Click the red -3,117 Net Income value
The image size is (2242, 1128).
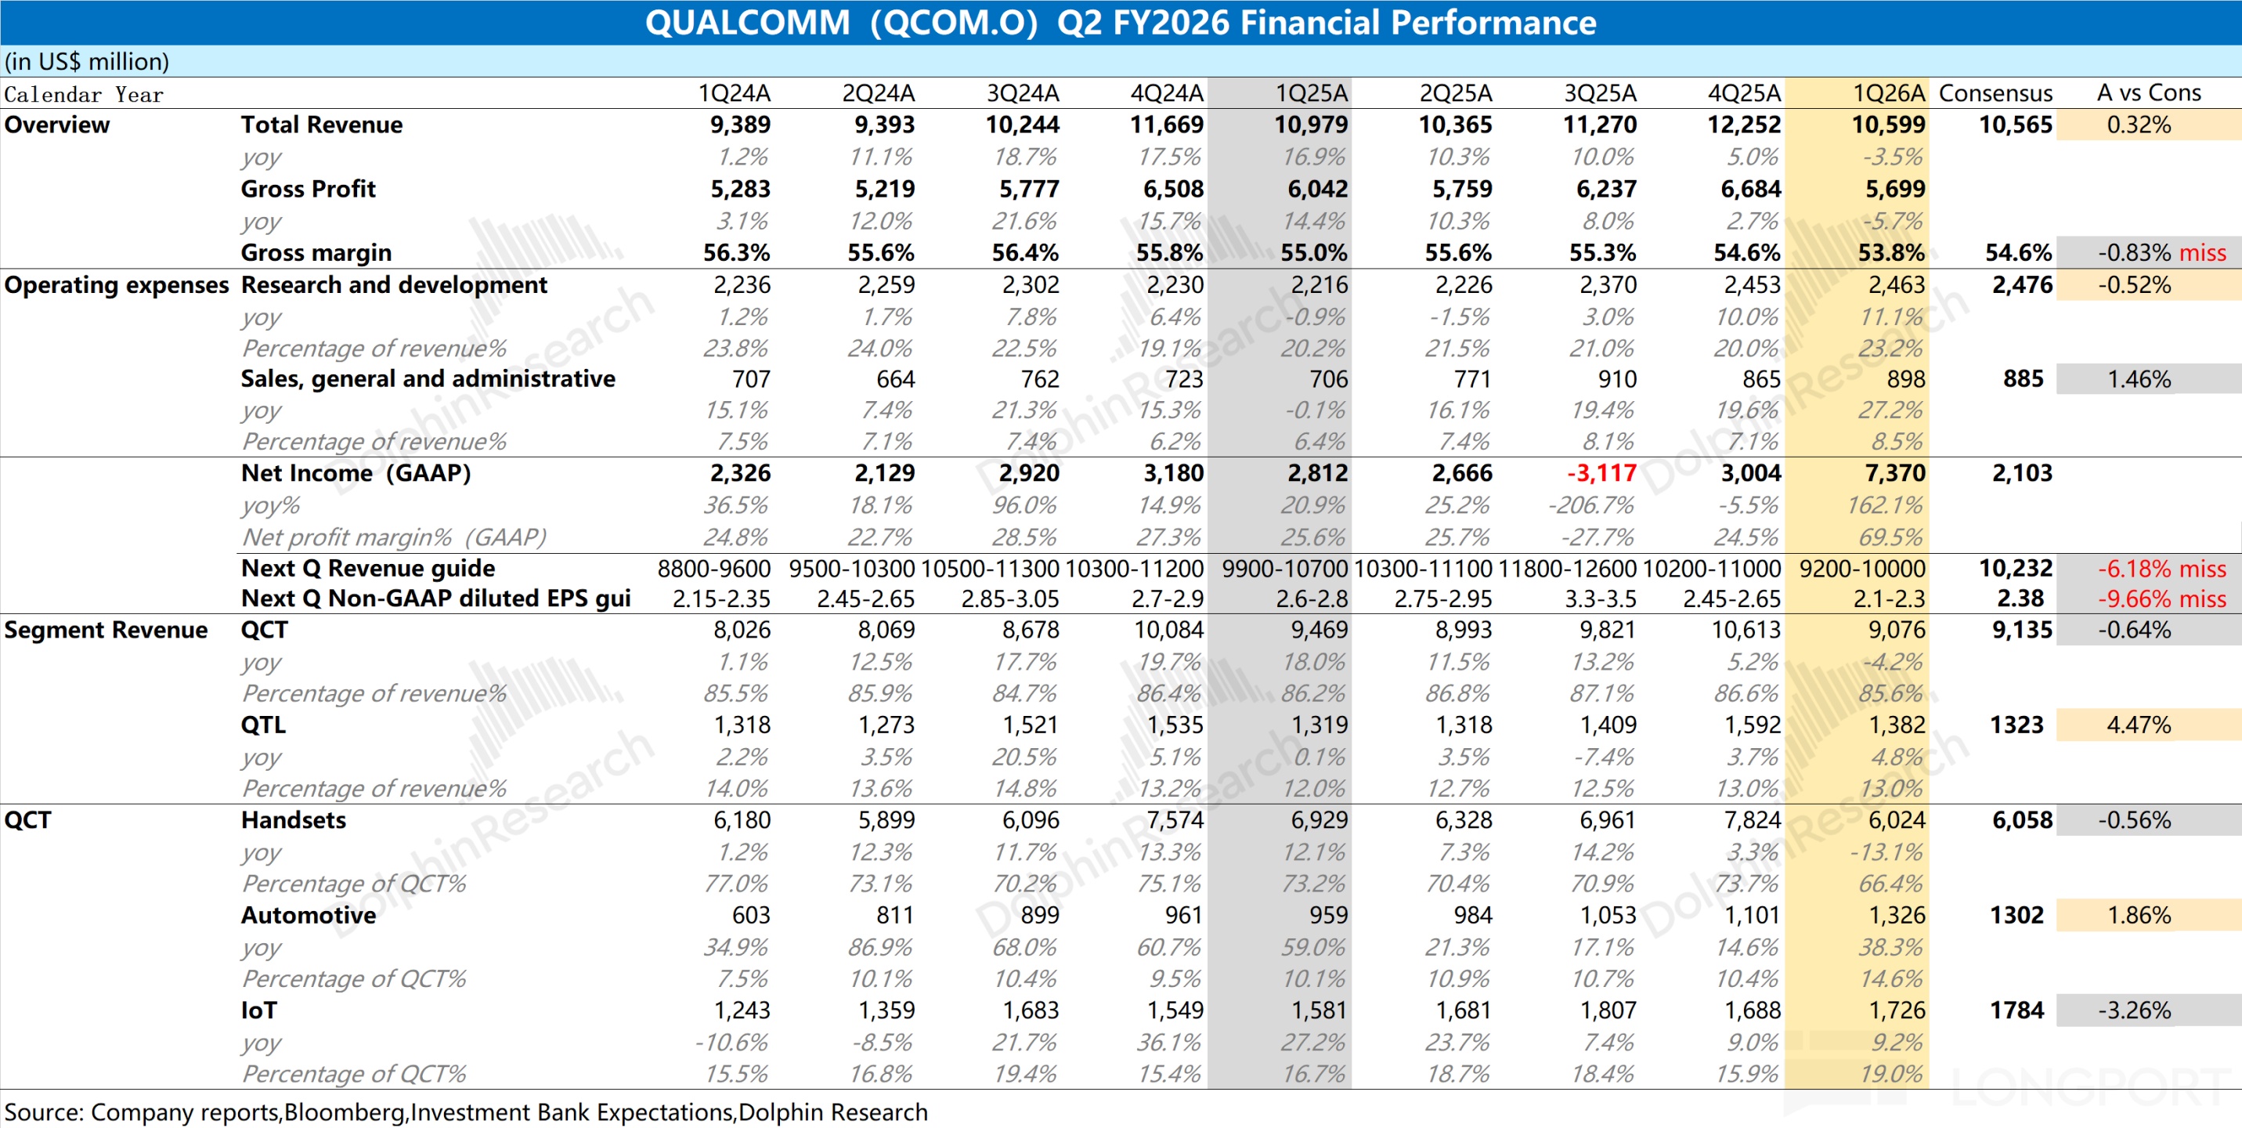tap(1601, 473)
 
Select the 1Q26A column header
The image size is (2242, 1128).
tap(1888, 93)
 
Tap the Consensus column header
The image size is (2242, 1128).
tap(1995, 93)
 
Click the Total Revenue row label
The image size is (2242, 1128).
tap(321, 125)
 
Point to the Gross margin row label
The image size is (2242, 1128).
tap(316, 253)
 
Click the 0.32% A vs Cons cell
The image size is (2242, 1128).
tap(2139, 125)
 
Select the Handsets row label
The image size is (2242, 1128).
tap(294, 820)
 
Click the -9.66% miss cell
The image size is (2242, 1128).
tap(2161, 598)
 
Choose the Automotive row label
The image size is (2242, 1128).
tap(308, 916)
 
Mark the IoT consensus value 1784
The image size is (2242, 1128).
tap(2016, 1010)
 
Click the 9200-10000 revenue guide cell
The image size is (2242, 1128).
tap(1861, 569)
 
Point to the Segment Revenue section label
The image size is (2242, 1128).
tap(105, 630)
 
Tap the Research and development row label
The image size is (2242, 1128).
tap(393, 285)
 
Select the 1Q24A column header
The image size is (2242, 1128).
tap(734, 93)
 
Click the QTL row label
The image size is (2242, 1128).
tap(263, 725)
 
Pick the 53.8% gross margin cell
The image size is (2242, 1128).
tap(1891, 253)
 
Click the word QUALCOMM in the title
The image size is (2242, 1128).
tap(747, 23)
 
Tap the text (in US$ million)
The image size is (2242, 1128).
tap(87, 62)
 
